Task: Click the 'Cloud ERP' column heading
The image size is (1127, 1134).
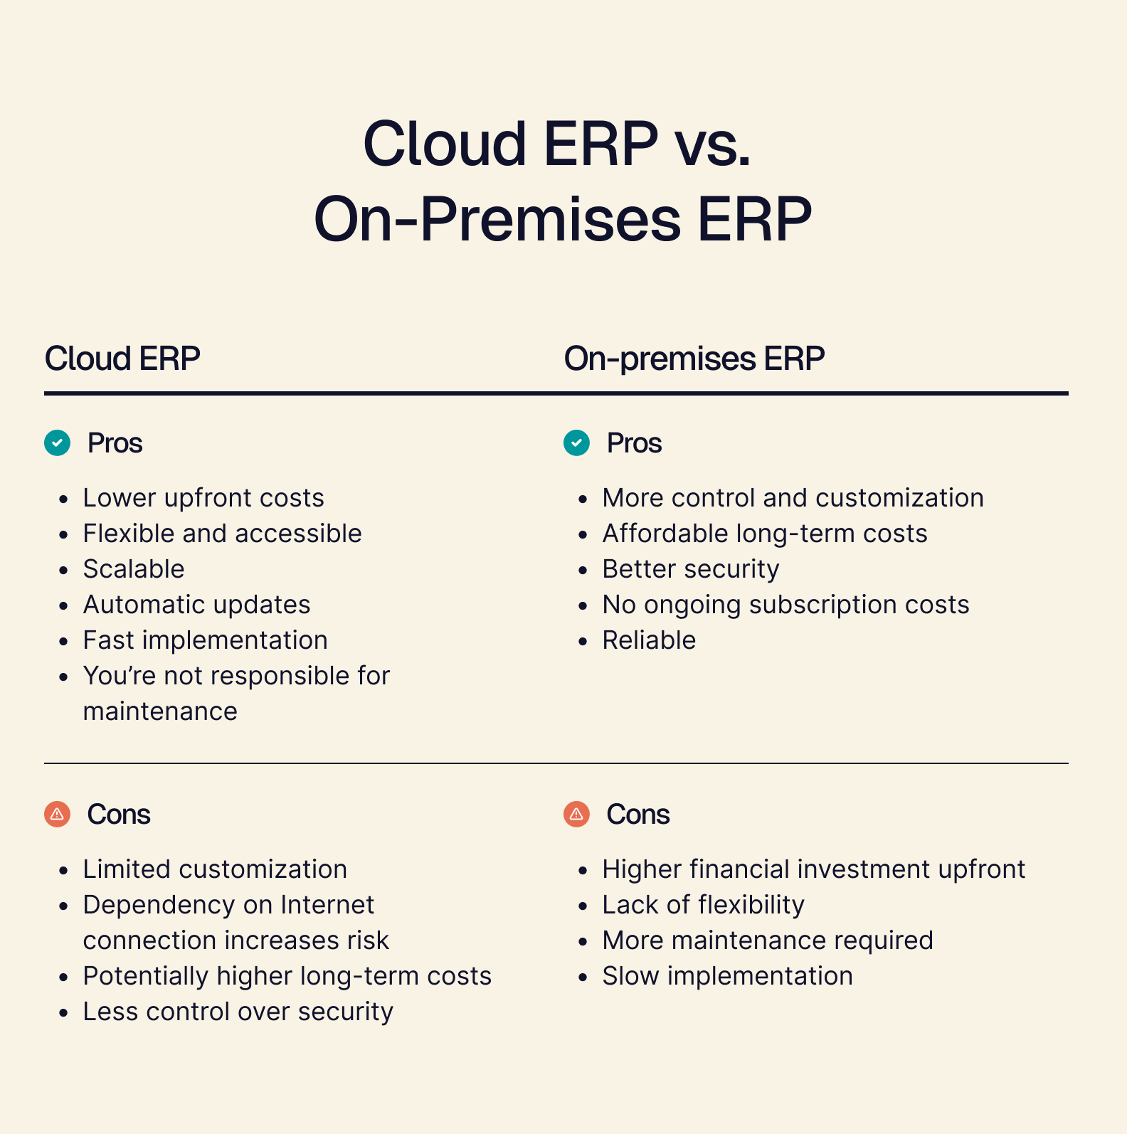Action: click(122, 358)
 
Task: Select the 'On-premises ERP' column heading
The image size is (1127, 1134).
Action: click(694, 359)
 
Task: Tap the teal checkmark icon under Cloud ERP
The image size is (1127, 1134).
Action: click(58, 443)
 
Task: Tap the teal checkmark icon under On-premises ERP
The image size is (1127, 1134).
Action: click(577, 443)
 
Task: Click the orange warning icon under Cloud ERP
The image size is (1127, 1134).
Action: click(58, 814)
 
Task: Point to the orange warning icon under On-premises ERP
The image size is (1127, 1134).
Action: click(577, 814)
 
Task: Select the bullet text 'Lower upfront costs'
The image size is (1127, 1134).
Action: click(203, 498)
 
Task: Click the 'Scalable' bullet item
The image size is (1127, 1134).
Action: click(134, 569)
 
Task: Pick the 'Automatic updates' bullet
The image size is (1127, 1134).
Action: click(197, 605)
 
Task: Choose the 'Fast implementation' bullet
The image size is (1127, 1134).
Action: click(206, 640)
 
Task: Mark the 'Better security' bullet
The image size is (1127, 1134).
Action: click(691, 569)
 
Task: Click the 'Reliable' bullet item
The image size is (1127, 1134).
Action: click(649, 640)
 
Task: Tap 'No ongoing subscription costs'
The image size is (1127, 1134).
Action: click(786, 605)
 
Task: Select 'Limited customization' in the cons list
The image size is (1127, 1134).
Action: click(215, 869)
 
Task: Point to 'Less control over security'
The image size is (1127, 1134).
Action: click(238, 1012)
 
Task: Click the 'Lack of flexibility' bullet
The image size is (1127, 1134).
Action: click(704, 905)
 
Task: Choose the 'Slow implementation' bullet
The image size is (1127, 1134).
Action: click(728, 976)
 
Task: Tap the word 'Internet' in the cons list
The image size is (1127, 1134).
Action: click(327, 905)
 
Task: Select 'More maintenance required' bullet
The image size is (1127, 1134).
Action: click(768, 940)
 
